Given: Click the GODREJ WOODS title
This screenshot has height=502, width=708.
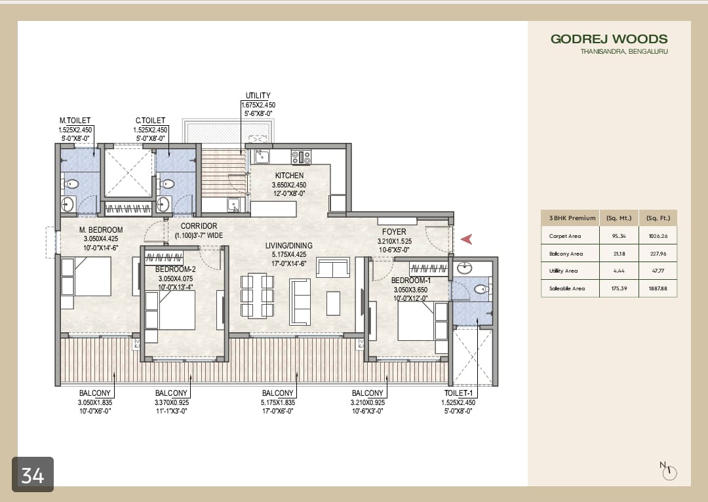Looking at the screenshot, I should click(x=609, y=39).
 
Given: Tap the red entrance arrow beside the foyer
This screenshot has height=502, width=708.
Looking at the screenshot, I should click(x=466, y=239).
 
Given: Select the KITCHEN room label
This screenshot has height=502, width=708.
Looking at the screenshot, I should click(x=289, y=176).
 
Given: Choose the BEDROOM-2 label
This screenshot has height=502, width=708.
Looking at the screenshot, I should click(x=175, y=269).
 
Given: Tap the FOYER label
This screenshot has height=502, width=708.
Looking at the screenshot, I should click(x=394, y=232).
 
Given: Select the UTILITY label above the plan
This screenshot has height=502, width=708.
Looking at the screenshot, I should click(x=258, y=96).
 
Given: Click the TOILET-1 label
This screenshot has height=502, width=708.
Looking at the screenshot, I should click(x=459, y=394).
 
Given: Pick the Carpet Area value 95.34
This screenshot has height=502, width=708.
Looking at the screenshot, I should click(x=618, y=236).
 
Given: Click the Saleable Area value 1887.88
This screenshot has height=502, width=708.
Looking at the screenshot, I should click(x=657, y=288).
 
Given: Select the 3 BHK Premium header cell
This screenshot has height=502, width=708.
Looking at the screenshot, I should click(x=569, y=218).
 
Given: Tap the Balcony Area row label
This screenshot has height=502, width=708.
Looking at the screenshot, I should click(x=566, y=254).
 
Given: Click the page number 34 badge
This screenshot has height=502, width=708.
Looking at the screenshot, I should click(x=33, y=474).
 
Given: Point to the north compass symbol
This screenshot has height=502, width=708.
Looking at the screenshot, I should click(x=669, y=471).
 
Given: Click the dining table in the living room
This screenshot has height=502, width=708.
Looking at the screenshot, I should click(x=257, y=295).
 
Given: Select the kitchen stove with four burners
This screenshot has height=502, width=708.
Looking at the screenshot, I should click(x=301, y=157).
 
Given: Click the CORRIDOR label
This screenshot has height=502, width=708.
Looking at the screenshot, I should click(x=199, y=226).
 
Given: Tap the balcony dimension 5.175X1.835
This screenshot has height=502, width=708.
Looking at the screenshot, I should click(x=277, y=402).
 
